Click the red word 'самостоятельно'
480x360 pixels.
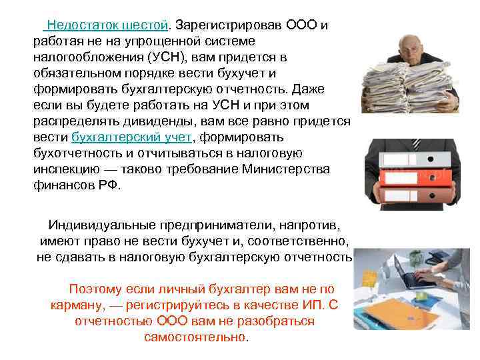coord(195,337)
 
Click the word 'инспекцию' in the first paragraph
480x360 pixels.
coord(63,170)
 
